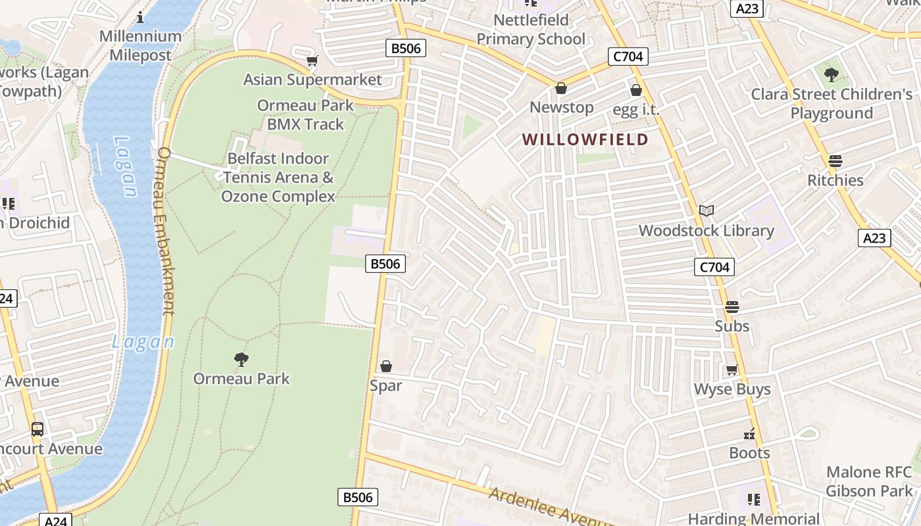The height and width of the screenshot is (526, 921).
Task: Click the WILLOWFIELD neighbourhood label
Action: click(x=585, y=139)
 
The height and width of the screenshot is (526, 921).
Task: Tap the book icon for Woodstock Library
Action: click(x=707, y=211)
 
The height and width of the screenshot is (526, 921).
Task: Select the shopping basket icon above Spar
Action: click(x=386, y=366)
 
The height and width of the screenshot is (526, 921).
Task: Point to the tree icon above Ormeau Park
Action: click(x=241, y=359)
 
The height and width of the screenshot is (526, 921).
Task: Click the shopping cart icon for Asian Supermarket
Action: click(x=312, y=61)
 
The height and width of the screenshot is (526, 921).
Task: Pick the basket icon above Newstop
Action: click(x=561, y=88)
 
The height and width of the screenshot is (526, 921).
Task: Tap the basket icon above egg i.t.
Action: click(x=636, y=90)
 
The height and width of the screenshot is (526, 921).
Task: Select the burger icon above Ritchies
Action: click(x=835, y=161)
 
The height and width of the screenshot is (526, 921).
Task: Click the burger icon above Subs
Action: click(x=732, y=307)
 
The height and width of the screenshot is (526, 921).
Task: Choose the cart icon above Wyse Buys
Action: click(x=732, y=370)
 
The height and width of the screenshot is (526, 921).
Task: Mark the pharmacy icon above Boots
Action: click(x=749, y=434)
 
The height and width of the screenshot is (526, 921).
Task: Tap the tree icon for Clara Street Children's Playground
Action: click(x=832, y=75)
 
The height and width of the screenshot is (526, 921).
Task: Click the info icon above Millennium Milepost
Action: click(x=139, y=17)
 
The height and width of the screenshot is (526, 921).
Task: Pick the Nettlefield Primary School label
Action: click(x=530, y=30)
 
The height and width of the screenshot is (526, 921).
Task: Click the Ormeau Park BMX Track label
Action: click(x=305, y=114)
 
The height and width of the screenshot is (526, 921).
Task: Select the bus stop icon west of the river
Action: click(x=37, y=429)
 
